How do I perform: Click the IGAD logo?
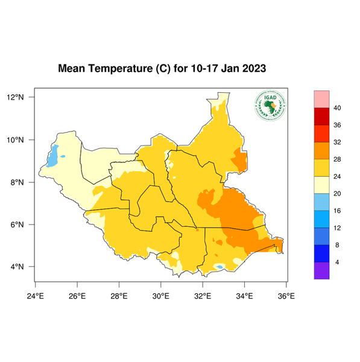click(270, 106)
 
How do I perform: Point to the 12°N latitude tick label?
click(15, 97)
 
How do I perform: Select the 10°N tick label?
click(15, 140)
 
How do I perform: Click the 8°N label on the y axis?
click(17, 182)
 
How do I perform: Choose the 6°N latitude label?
click(17, 224)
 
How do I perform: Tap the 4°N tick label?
click(17, 267)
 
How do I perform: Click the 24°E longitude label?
click(36, 296)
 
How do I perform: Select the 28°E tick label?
click(119, 296)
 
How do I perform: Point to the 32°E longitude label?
click(202, 296)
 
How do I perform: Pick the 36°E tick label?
click(286, 296)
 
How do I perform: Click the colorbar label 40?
click(338, 108)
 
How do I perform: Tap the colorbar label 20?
click(338, 194)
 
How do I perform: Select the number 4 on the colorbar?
click(336, 262)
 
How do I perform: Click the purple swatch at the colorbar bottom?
click(321, 271)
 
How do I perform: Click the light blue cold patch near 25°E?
click(53, 156)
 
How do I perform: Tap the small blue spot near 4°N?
click(220, 267)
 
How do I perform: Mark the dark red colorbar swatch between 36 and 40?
click(321, 116)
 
